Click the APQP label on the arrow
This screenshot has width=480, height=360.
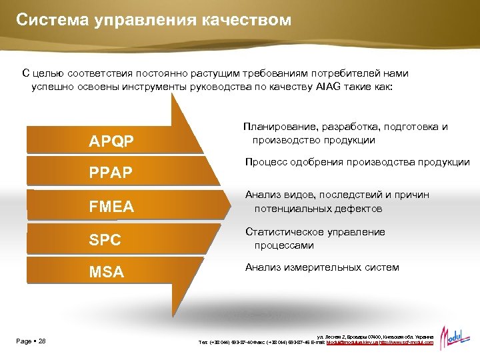[x=111, y=141]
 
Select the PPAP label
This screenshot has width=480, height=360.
[x=111, y=173]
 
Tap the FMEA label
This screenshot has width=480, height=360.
[x=111, y=207]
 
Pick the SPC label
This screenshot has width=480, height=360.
[x=105, y=239]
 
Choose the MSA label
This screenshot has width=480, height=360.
[x=106, y=271]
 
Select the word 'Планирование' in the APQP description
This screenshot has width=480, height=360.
[x=280, y=127]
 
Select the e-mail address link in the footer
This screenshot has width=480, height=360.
[x=351, y=342]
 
